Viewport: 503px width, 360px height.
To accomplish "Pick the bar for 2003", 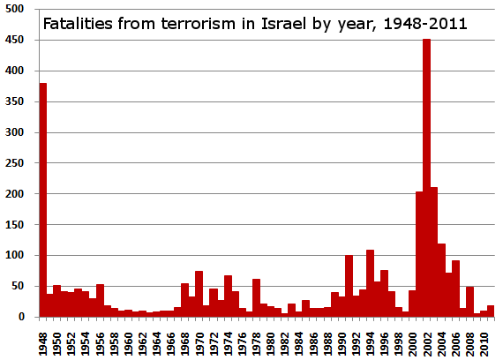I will point(433,251).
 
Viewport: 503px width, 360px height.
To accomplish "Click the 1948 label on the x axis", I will point(43,339).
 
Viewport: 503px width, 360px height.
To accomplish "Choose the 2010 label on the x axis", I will point(484,339).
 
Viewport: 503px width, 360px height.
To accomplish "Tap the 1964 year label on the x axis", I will point(157,339).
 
